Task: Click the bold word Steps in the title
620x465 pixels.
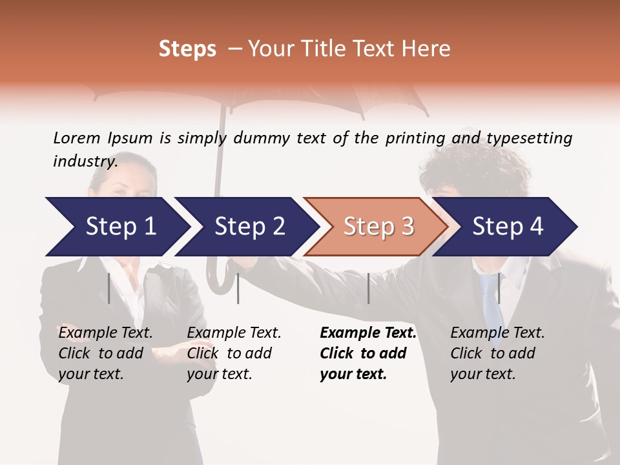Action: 187,49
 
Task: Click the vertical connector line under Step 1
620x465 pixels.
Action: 109,288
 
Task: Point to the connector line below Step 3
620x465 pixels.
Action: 368,288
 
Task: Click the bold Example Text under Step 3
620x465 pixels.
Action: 368,333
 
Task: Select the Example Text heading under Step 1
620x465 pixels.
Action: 105,333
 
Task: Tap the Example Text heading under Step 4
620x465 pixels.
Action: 497,333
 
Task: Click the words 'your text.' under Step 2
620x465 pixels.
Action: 219,374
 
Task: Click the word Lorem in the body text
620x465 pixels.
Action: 77,138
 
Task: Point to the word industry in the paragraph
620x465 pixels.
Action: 85,161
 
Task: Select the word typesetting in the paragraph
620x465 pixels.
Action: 529,138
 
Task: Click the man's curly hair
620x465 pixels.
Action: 465,161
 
